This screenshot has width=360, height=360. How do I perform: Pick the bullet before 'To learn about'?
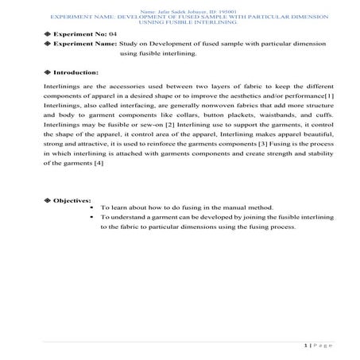coord(93,207)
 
